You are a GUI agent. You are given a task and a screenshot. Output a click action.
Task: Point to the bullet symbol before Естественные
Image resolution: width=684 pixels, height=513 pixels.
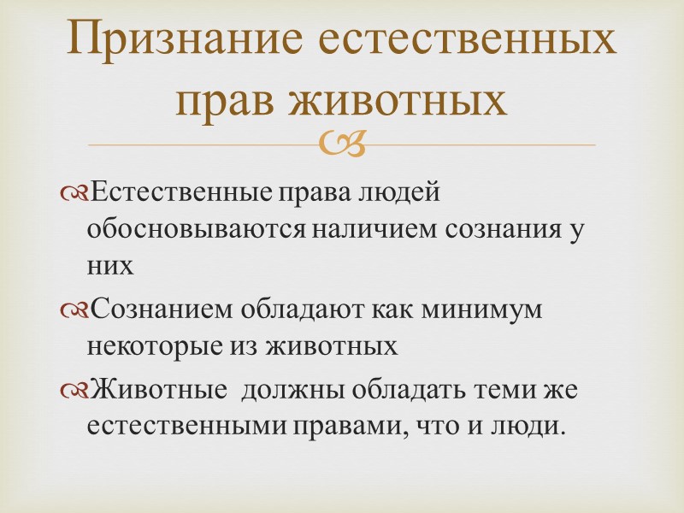point(75,193)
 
